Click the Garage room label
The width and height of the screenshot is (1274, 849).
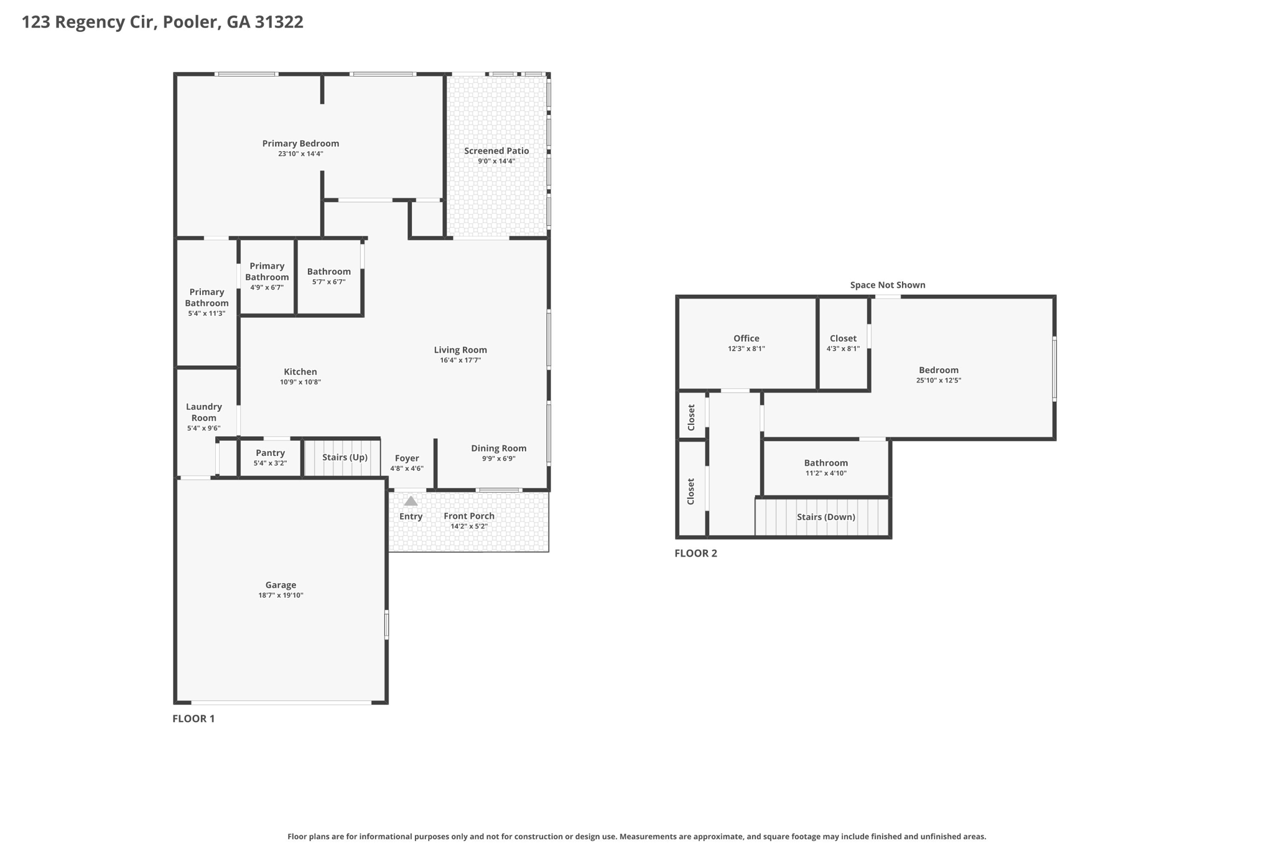[x=281, y=585]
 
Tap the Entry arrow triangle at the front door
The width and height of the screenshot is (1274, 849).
[x=411, y=501]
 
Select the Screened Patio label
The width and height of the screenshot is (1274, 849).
[x=496, y=151]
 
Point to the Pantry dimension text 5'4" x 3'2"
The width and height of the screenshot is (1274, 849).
[x=270, y=463]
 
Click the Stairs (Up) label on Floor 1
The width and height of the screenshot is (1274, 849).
[x=345, y=457]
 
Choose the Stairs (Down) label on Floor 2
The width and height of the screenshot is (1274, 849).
[x=826, y=517]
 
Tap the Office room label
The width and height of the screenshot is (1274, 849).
[x=746, y=338]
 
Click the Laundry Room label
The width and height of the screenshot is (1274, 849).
[x=204, y=412]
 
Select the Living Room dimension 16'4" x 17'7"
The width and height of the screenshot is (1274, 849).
[x=460, y=360]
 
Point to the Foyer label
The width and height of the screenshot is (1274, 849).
[x=407, y=458]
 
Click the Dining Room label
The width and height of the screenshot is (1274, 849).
[x=499, y=448]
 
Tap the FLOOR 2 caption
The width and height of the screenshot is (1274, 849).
[x=696, y=553]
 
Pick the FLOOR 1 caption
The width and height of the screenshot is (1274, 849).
[x=193, y=718]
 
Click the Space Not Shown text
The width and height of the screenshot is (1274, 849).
[x=888, y=285]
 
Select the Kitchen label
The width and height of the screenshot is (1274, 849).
[x=300, y=371]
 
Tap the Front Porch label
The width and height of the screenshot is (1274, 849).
[x=469, y=516]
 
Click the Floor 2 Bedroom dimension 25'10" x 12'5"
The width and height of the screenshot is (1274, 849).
[x=939, y=381]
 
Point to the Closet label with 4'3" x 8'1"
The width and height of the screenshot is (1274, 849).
[x=844, y=338]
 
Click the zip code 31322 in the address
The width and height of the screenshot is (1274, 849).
[x=279, y=22]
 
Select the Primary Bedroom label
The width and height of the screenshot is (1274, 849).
[x=300, y=144]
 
